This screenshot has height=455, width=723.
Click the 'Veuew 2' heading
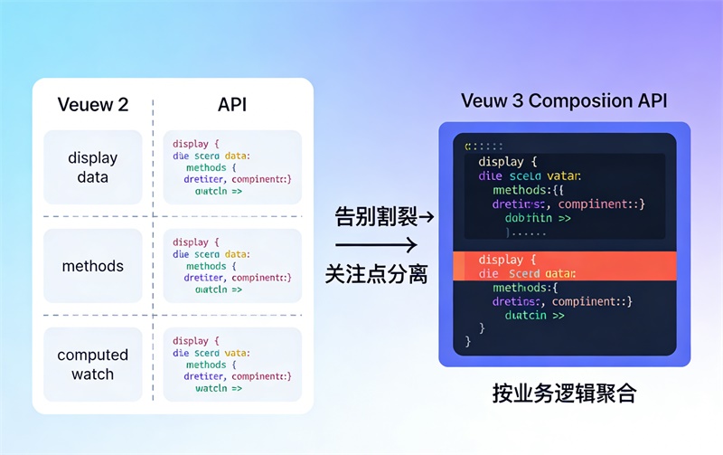click(x=93, y=104)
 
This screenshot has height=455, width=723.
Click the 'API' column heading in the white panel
click(x=232, y=104)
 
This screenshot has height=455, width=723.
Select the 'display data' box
click(x=93, y=167)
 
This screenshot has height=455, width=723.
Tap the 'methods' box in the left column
click(x=93, y=266)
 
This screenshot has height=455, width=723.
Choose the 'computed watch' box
click(x=93, y=365)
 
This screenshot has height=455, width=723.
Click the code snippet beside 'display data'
click(x=232, y=167)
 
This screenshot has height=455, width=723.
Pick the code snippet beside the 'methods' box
click(x=232, y=266)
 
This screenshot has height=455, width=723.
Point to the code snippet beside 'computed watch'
click(x=232, y=365)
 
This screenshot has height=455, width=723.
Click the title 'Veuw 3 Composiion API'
click(x=564, y=100)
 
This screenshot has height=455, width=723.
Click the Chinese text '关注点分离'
click(x=376, y=274)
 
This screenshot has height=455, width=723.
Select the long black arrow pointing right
click(x=375, y=245)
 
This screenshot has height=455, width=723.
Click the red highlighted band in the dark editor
click(x=564, y=266)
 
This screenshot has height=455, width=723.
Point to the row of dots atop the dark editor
click(x=484, y=146)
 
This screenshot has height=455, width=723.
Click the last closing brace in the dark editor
click(x=468, y=342)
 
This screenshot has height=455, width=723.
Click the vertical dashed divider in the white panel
click(x=153, y=244)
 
